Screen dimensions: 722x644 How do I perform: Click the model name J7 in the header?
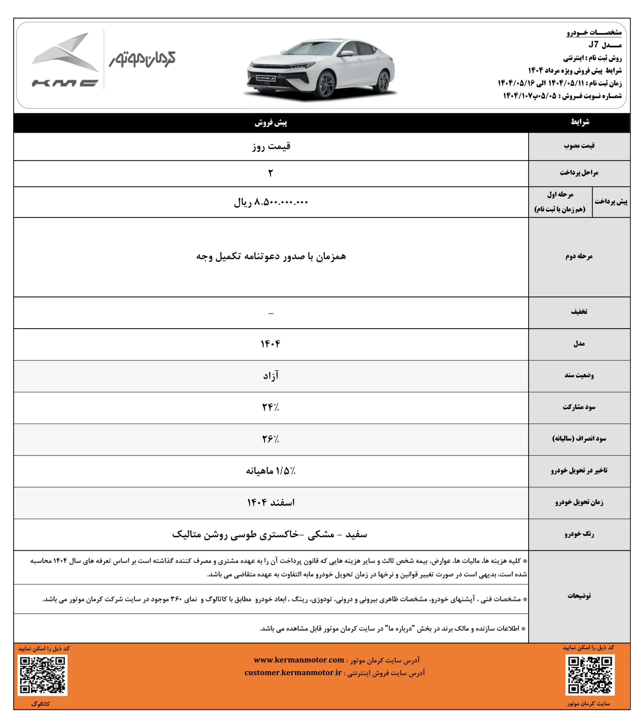[593, 45]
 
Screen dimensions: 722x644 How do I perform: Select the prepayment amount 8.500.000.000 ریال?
[271, 202]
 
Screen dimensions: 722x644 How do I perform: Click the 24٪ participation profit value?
[271, 407]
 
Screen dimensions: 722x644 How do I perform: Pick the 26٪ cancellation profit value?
[271, 439]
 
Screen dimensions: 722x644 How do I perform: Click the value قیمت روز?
[271, 146]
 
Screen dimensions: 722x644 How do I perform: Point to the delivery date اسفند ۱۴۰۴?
[271, 502]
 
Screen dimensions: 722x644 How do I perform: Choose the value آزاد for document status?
[271, 375]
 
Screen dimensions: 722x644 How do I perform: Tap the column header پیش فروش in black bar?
[271, 123]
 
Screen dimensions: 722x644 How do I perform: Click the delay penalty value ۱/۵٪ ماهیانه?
[271, 471]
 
